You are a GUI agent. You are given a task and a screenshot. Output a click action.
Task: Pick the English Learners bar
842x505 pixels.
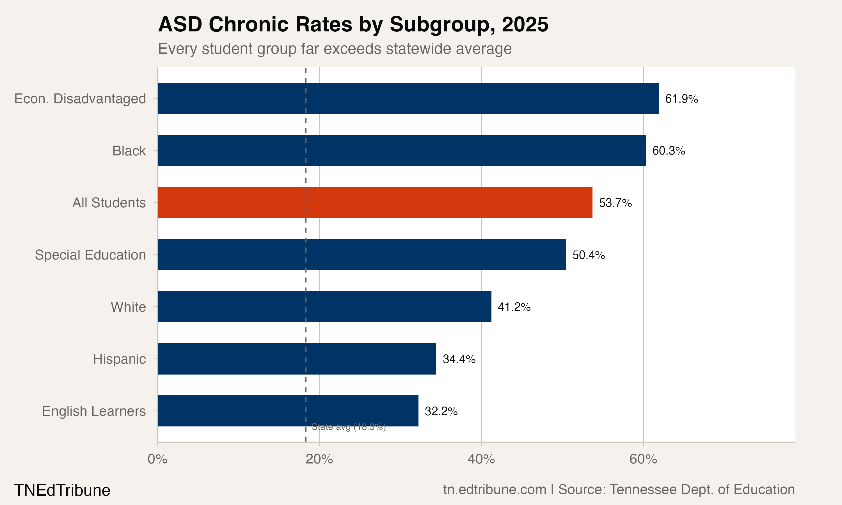tap(288, 411)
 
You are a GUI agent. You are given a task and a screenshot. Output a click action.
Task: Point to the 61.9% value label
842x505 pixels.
tap(681, 99)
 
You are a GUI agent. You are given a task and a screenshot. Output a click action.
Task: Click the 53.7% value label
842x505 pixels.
tap(615, 203)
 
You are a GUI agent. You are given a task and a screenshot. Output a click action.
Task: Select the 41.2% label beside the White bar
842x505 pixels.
tap(514, 307)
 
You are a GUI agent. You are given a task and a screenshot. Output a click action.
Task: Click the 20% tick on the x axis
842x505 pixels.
tap(319, 459)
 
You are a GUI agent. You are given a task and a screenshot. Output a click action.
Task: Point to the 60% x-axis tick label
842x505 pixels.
tap(643, 459)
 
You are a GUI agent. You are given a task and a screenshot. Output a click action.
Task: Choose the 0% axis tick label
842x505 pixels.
tap(157, 459)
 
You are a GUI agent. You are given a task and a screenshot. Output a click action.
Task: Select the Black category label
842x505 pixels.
tap(129, 151)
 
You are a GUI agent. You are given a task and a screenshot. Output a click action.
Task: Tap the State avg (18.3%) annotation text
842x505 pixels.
tap(349, 427)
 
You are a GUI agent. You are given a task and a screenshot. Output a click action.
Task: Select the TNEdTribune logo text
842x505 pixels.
tap(62, 490)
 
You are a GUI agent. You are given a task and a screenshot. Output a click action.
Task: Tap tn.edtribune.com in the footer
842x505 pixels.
tap(494, 490)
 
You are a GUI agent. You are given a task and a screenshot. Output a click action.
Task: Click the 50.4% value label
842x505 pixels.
tap(589, 255)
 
